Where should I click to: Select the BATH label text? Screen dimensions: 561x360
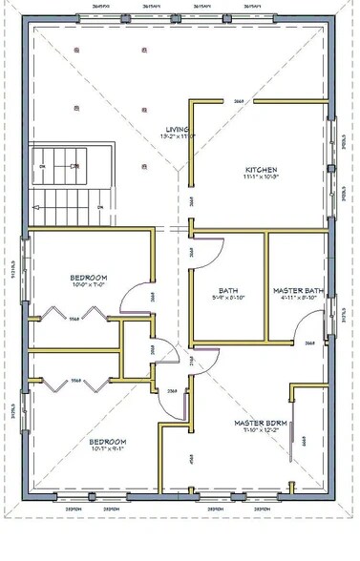coord(227,290)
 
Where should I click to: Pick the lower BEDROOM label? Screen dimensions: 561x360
coord(108,442)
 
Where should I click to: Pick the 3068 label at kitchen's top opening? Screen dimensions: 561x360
coord(239,100)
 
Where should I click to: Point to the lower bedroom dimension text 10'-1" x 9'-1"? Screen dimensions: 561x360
coord(108,450)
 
